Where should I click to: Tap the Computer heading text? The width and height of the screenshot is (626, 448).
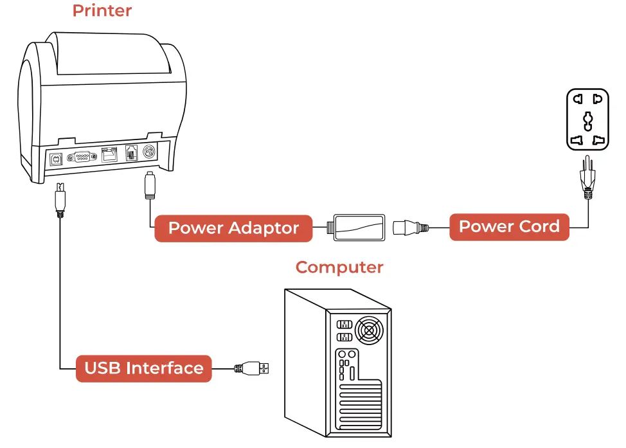(x=339, y=267)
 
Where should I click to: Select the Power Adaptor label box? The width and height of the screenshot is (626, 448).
(x=233, y=228)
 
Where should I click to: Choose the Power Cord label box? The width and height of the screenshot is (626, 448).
(x=509, y=227)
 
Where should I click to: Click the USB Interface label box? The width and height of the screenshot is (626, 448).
(x=144, y=368)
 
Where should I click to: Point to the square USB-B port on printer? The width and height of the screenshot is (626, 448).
(x=56, y=159)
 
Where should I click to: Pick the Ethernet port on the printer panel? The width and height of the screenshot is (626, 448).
(x=109, y=155)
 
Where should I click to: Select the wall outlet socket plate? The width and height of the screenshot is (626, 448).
(x=587, y=119)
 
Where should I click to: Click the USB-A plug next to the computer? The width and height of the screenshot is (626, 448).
(x=254, y=368)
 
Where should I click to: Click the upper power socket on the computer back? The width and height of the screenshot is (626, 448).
(x=343, y=324)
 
